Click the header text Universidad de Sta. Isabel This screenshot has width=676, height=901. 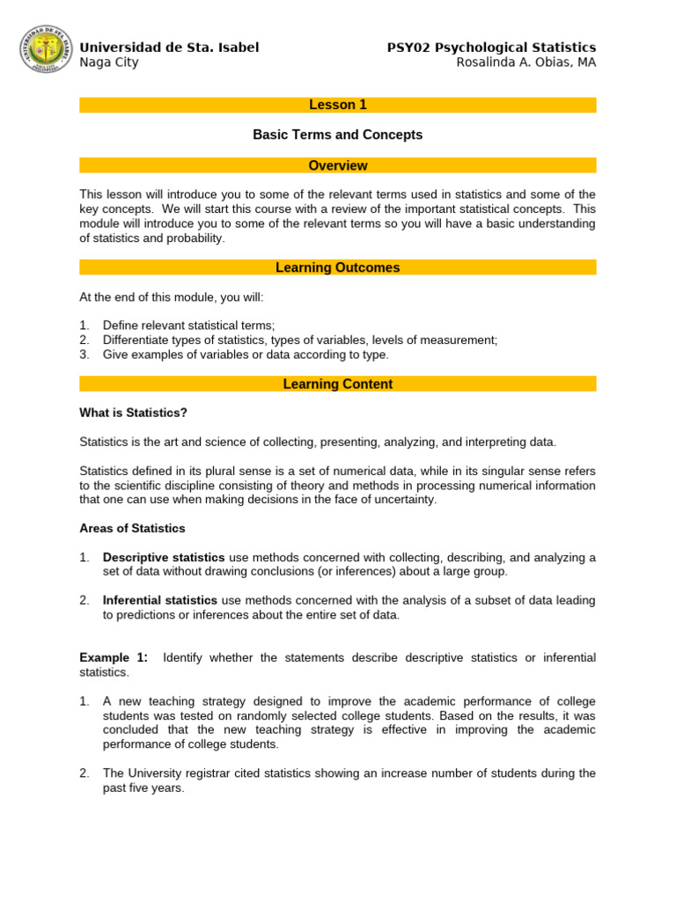pyautogui.click(x=169, y=48)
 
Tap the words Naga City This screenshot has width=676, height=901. pyautogui.click(x=108, y=62)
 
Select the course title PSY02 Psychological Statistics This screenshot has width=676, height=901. pyautogui.click(x=491, y=48)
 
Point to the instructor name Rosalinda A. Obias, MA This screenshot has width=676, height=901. pyautogui.click(x=525, y=62)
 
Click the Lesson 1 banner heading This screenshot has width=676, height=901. pyautogui.click(x=338, y=105)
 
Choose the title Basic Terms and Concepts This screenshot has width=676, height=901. pyautogui.click(x=338, y=135)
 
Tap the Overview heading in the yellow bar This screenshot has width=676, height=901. pyautogui.click(x=338, y=165)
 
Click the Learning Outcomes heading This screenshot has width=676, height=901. pyautogui.click(x=338, y=267)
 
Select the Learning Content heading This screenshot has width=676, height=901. pyautogui.click(x=338, y=384)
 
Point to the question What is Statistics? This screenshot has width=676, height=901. pyautogui.click(x=133, y=413)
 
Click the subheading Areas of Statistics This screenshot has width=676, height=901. pyautogui.click(x=132, y=528)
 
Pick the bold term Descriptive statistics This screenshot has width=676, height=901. pyautogui.click(x=164, y=557)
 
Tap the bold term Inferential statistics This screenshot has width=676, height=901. pyautogui.click(x=160, y=600)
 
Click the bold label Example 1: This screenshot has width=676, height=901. pyautogui.click(x=114, y=657)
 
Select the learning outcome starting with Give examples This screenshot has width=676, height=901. pyautogui.click(x=245, y=355)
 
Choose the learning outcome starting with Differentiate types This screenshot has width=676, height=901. pyautogui.click(x=299, y=340)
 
